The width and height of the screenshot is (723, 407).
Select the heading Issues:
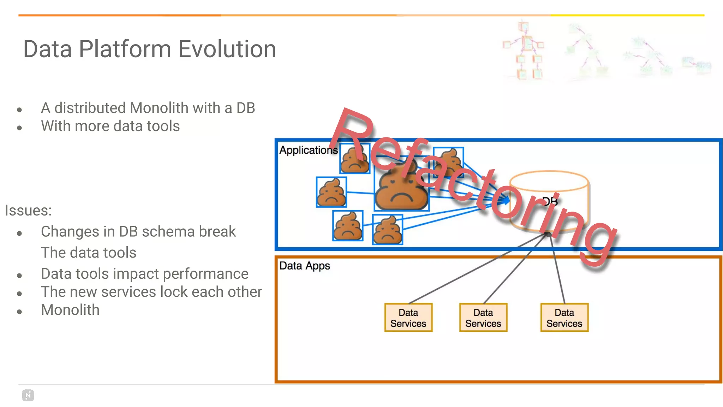pyautogui.click(x=28, y=211)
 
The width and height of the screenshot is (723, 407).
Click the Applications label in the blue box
pyautogui.click(x=308, y=150)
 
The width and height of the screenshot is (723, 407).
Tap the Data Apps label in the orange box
pyautogui.click(x=304, y=266)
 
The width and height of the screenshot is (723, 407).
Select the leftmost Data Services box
pyautogui.click(x=408, y=318)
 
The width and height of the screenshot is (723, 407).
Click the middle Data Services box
pyautogui.click(x=483, y=318)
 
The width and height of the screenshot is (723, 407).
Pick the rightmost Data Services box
pyautogui.click(x=564, y=318)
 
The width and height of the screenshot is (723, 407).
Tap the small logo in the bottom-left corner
pyautogui.click(x=28, y=395)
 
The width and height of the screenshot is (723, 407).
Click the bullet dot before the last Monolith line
pyautogui.click(x=19, y=311)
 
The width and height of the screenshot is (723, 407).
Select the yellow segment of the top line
pyautogui.click(x=627, y=15)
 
